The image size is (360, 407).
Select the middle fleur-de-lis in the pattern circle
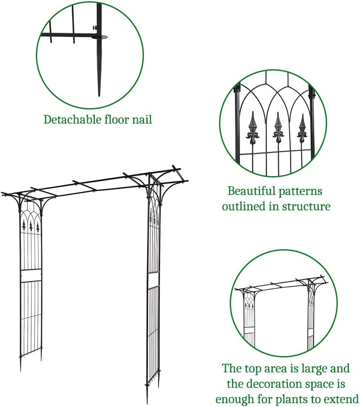(x=278, y=127)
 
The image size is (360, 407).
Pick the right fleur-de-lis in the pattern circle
(x=302, y=127)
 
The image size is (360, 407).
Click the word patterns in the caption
(x=298, y=191)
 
